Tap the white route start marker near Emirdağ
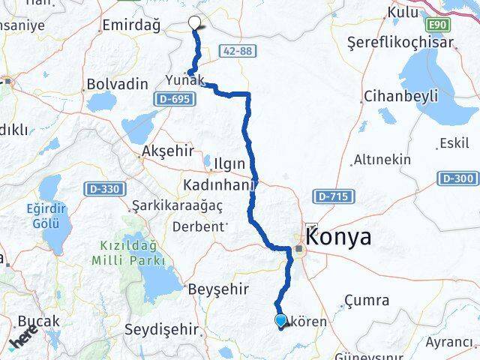click(x=195, y=22)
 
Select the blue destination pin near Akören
click(x=280, y=321)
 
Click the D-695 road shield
click(x=172, y=98)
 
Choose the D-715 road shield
click(x=332, y=196)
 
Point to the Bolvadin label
click(x=117, y=85)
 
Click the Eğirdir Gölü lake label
click(x=49, y=215)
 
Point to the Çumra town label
click(x=365, y=301)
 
